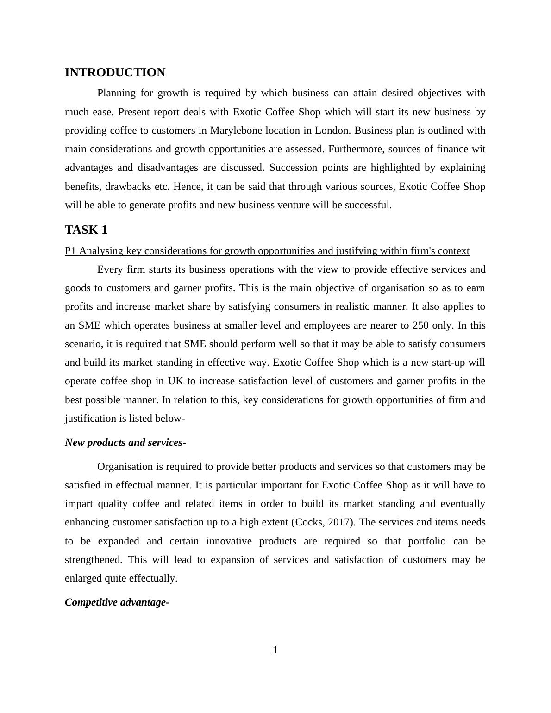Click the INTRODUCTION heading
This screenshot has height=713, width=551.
click(115, 73)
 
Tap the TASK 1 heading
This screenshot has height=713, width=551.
click(86, 230)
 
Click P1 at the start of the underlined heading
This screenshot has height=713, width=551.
click(70, 251)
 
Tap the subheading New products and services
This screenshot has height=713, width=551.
click(125, 443)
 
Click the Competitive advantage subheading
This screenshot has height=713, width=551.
click(117, 602)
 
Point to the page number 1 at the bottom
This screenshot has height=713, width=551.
click(275, 650)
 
